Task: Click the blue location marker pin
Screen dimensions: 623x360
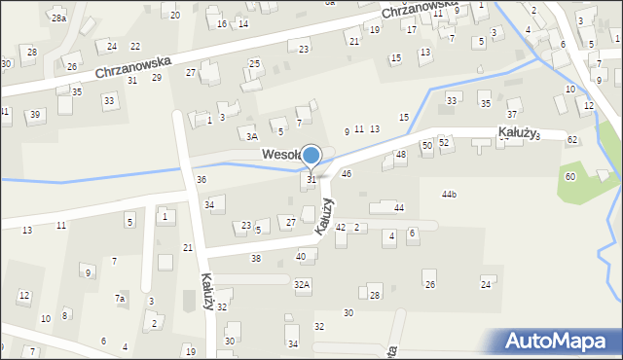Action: click(x=311, y=156)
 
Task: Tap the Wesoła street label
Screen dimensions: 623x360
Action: click(x=279, y=154)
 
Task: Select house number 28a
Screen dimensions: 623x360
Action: click(x=59, y=18)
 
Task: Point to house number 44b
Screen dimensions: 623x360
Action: click(x=449, y=195)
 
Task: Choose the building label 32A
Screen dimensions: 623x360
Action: click(x=303, y=284)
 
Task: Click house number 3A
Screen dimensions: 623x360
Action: click(x=251, y=137)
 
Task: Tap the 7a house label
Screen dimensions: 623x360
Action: click(x=120, y=298)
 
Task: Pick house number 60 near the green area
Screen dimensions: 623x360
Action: click(x=570, y=176)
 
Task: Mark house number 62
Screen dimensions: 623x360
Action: click(x=572, y=140)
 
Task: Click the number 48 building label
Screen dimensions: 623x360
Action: click(x=401, y=155)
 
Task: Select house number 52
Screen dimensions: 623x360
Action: click(x=444, y=142)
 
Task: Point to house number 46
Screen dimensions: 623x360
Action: click(x=347, y=172)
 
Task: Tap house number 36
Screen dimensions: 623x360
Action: click(x=201, y=179)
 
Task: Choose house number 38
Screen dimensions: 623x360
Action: click(x=255, y=258)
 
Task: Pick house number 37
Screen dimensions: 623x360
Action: click(x=512, y=115)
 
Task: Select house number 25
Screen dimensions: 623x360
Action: click(x=254, y=63)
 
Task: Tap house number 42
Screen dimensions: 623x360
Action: click(x=340, y=226)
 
